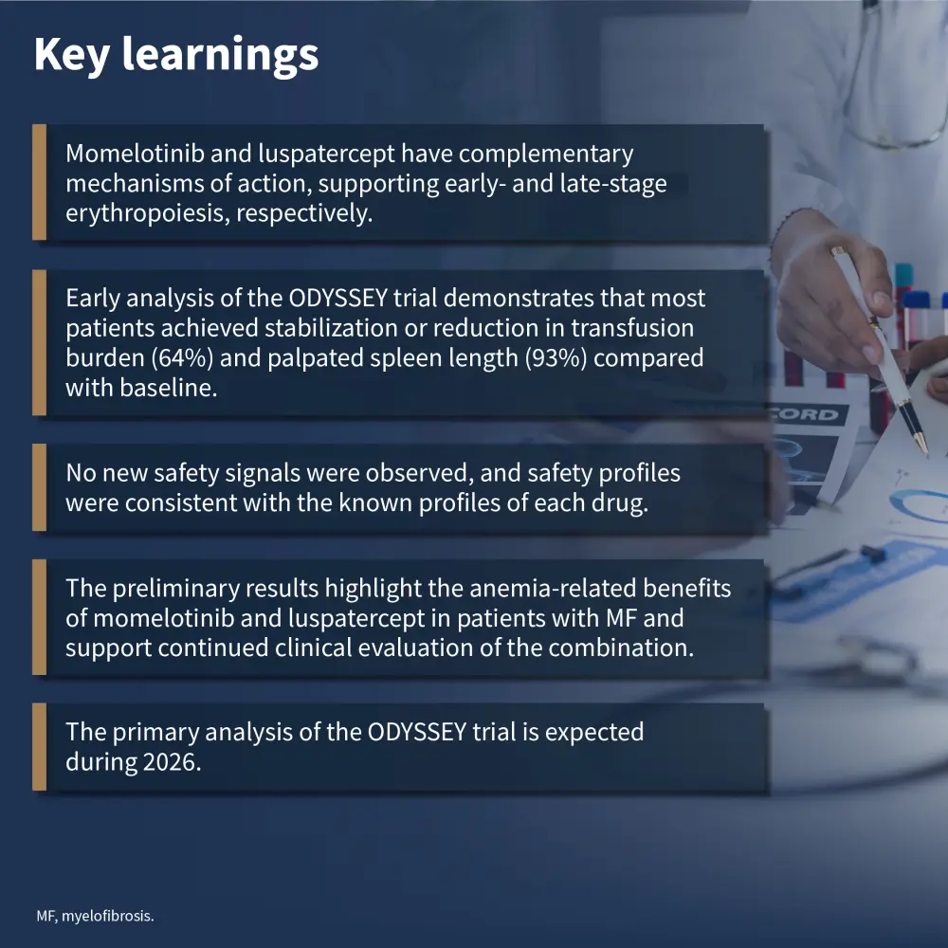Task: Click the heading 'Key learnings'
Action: coord(176,55)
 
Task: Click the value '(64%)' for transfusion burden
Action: coord(182,358)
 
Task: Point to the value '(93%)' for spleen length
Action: coord(556,358)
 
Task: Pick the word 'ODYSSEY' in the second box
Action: coord(338,298)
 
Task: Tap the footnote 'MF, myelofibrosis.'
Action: coord(95,916)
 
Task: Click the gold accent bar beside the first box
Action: coord(39,182)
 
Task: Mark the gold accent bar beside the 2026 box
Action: coord(39,747)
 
